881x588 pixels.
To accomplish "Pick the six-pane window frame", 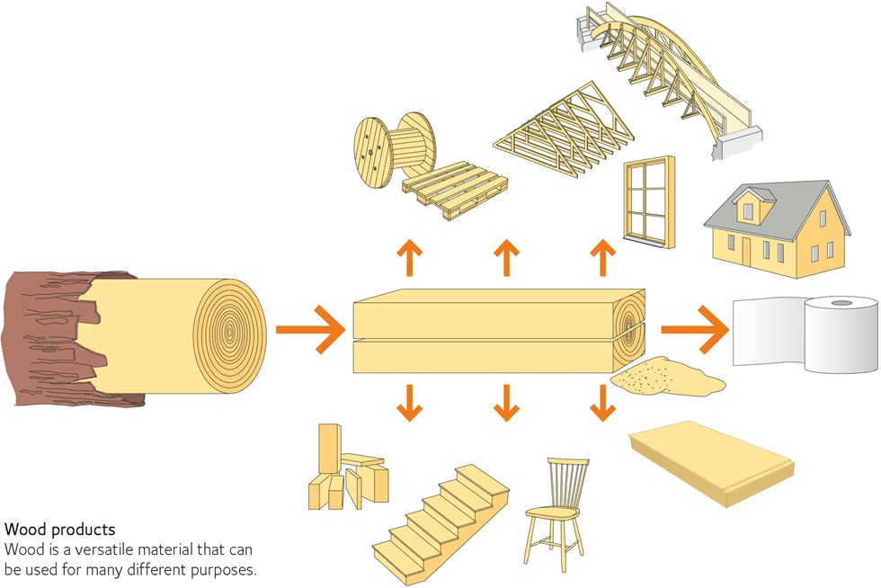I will (x=646, y=202).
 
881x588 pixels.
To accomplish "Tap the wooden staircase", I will (x=440, y=517).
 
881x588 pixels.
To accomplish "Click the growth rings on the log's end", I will (x=230, y=330).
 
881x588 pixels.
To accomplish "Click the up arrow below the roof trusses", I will (x=507, y=259).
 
